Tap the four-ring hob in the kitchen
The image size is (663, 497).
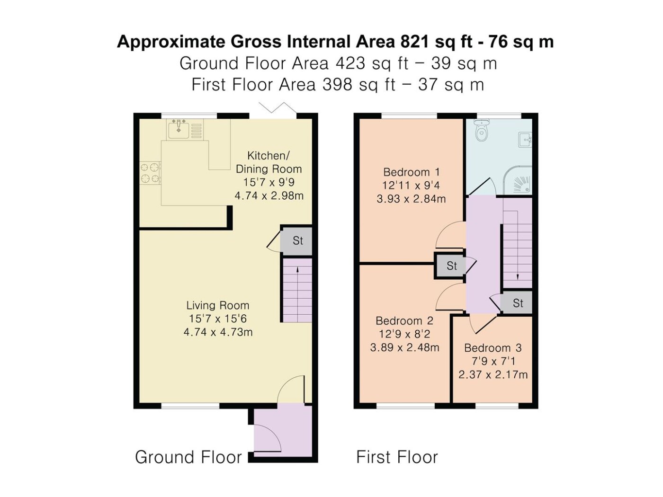pos(150,173)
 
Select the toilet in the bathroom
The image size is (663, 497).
pos(482,130)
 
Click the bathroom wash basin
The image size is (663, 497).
pos(525,140)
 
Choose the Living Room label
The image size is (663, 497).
pos(217,305)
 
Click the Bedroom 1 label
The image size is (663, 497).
pos(412,172)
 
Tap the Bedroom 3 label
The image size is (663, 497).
pos(493,348)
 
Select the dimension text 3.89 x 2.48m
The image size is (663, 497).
pos(405,347)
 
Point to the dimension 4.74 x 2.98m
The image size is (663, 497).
pos(269,196)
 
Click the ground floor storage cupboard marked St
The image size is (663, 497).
pos(296,240)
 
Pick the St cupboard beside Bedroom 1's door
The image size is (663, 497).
pos(450,266)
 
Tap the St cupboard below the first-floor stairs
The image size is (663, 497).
pos(517,303)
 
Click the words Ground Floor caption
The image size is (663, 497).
pos(188,457)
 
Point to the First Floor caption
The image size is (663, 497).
pos(397,457)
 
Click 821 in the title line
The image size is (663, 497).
pos(414,41)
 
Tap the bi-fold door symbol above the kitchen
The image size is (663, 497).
pos(278,108)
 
